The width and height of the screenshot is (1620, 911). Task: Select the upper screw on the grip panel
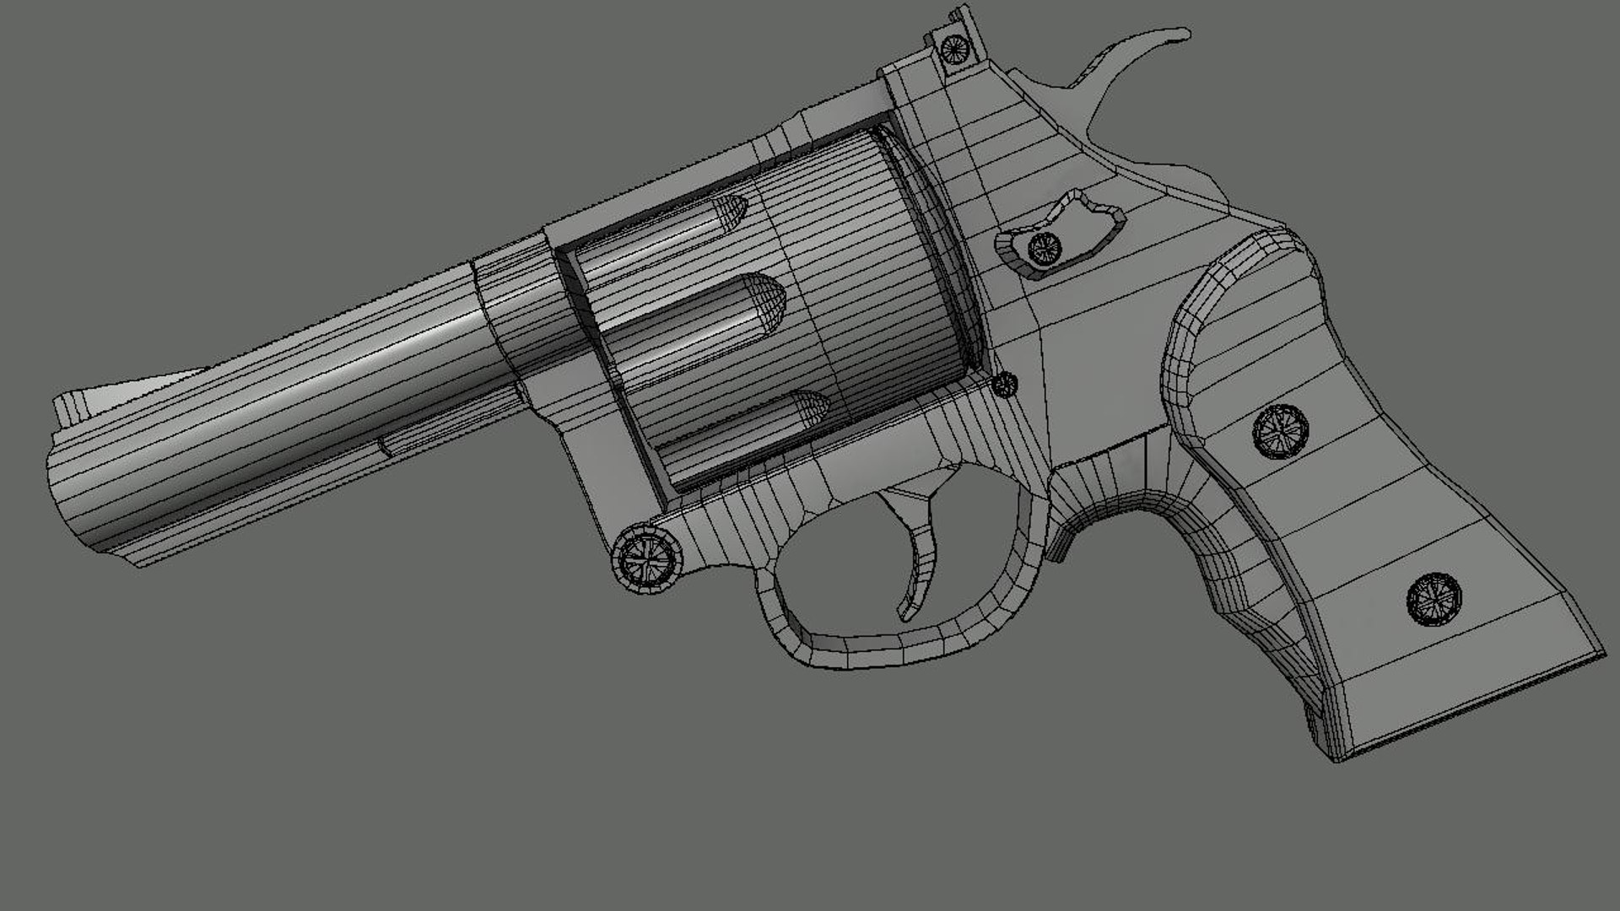click(1280, 432)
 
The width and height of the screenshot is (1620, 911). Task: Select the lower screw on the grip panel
click(1434, 598)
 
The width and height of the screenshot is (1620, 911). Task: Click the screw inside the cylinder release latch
click(1045, 247)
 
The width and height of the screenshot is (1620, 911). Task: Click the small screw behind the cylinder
click(1004, 385)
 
